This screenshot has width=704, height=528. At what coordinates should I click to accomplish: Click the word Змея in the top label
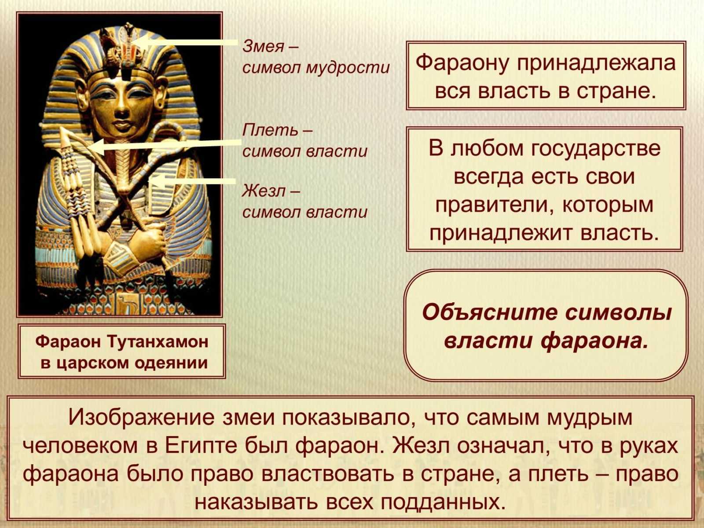click(x=263, y=47)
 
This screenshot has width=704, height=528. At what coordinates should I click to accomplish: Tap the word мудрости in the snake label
click(x=348, y=68)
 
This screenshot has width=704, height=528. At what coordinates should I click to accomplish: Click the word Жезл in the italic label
click(x=264, y=191)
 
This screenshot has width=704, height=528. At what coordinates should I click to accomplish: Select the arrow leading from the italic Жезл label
click(x=192, y=181)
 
